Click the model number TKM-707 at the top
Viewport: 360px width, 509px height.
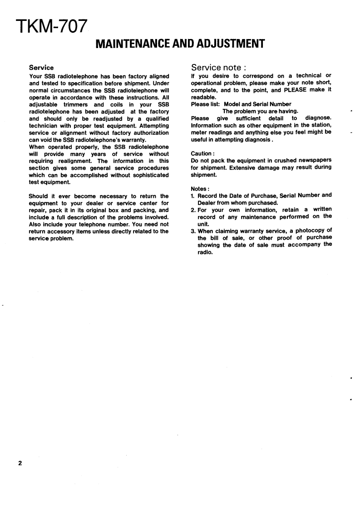pyautogui.click(x=50, y=26)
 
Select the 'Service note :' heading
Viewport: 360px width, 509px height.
pyautogui.click(x=218, y=68)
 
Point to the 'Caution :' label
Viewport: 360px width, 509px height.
pyautogui.click(x=202, y=153)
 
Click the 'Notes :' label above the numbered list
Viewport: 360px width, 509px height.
pyautogui.click(x=200, y=188)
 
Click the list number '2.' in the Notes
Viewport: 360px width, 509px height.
pyautogui.click(x=194, y=210)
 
